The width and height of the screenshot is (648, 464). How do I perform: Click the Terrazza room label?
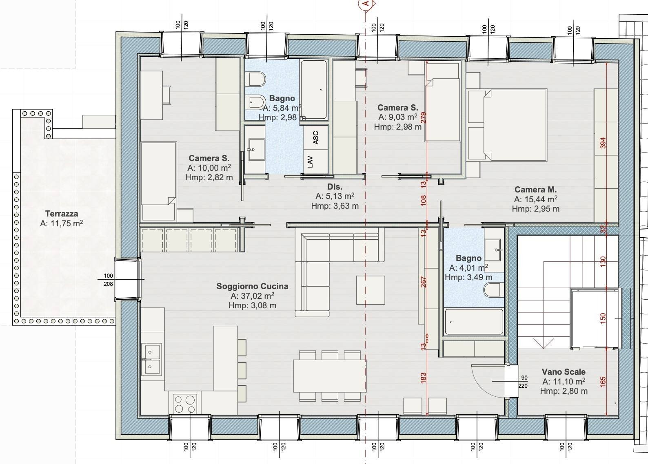click(x=62, y=214)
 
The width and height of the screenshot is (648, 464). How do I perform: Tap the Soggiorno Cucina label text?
click(x=252, y=286)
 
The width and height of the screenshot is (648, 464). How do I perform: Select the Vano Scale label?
click(x=564, y=372)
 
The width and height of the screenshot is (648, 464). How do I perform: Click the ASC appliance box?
click(x=316, y=137)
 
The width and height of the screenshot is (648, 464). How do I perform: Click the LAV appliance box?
click(x=311, y=161)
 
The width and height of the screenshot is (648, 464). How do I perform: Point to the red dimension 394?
click(x=603, y=143)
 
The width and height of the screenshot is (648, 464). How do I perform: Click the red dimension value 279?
click(x=423, y=118)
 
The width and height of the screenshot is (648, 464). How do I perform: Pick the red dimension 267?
click(x=423, y=282)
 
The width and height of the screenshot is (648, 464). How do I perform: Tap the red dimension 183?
click(x=423, y=378)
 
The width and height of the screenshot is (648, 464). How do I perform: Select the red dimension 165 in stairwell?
click(x=603, y=381)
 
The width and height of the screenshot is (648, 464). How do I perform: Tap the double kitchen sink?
click(x=151, y=359)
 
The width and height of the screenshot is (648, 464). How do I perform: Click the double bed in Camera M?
click(x=515, y=125)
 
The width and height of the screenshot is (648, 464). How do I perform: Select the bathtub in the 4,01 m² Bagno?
click(x=474, y=322)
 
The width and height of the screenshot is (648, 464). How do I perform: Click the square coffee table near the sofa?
click(x=370, y=290)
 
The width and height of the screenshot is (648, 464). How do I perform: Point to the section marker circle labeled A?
click(x=366, y=4)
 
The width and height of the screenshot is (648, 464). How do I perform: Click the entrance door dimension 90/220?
click(x=523, y=382)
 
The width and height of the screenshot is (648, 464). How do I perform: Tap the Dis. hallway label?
click(x=335, y=187)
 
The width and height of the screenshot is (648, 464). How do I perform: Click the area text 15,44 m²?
click(x=535, y=199)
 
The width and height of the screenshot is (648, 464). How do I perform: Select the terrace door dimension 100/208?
click(x=108, y=280)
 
